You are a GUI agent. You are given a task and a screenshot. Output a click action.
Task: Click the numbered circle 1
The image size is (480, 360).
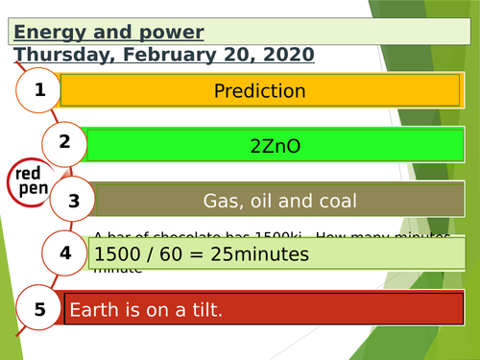point(39,91)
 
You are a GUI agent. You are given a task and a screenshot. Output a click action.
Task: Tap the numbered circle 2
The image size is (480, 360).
point(65,144)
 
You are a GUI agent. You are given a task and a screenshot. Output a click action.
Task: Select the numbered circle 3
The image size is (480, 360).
point(74,201)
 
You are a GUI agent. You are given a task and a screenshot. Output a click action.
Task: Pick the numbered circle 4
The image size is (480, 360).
point(65,253)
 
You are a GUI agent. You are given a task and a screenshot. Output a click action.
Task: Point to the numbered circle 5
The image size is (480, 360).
point(39,308)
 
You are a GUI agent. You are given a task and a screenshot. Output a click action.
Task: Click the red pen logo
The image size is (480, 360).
point(29,180)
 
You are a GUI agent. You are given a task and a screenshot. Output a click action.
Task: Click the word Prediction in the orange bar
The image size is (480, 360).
point(259,92)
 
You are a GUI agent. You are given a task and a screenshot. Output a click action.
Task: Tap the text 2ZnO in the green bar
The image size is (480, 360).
point(275,147)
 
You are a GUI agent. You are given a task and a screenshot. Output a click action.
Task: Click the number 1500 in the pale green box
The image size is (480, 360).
point(117,254)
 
